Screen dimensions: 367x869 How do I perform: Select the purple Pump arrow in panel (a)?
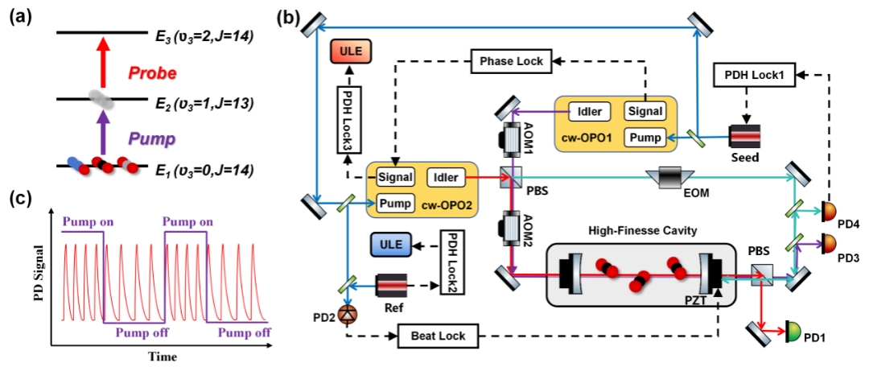coord(102,134)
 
